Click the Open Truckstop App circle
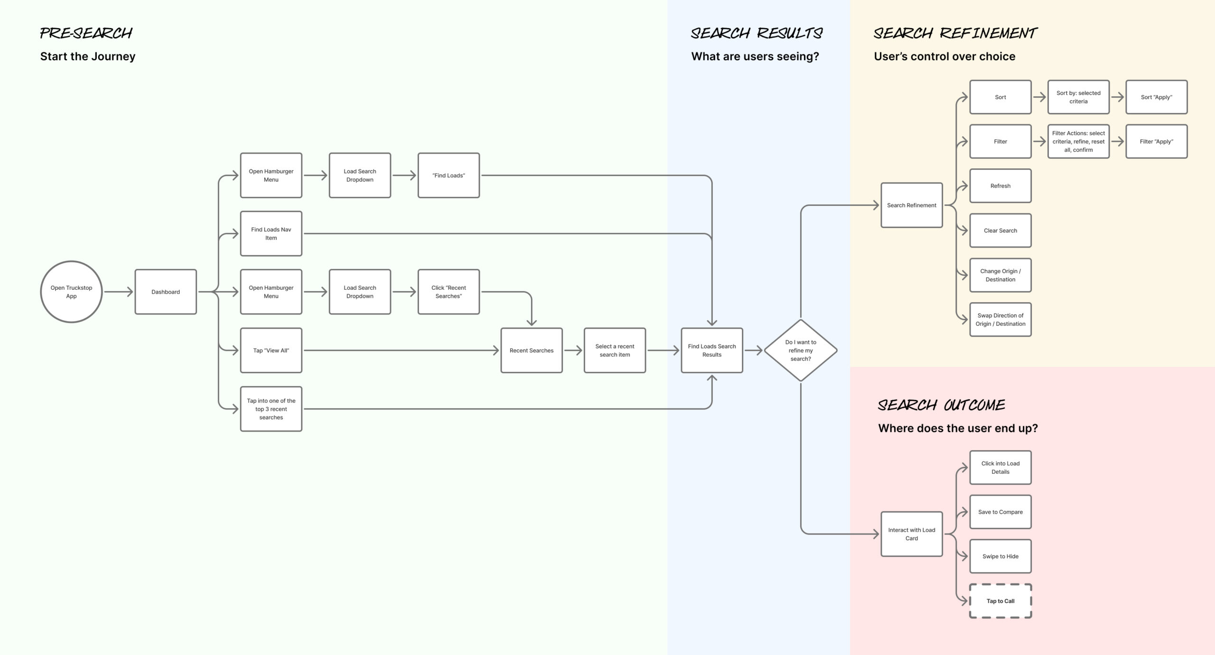(71, 292)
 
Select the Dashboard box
(166, 292)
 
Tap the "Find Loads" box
(449, 175)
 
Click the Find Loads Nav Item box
(271, 233)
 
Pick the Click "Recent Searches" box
(449, 292)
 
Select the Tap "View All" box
(271, 351)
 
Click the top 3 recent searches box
(271, 409)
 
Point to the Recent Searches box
(532, 351)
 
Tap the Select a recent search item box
(615, 351)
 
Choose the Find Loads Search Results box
(712, 351)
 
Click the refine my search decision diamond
(801, 351)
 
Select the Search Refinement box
(912, 205)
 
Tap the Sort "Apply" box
(1156, 97)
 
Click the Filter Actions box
(1078, 141)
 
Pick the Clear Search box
(1000, 231)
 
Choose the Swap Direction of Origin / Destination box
(1000, 320)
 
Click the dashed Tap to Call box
(1000, 601)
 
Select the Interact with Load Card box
(912, 534)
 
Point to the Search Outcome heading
(941, 405)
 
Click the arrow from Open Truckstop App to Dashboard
(119, 292)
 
